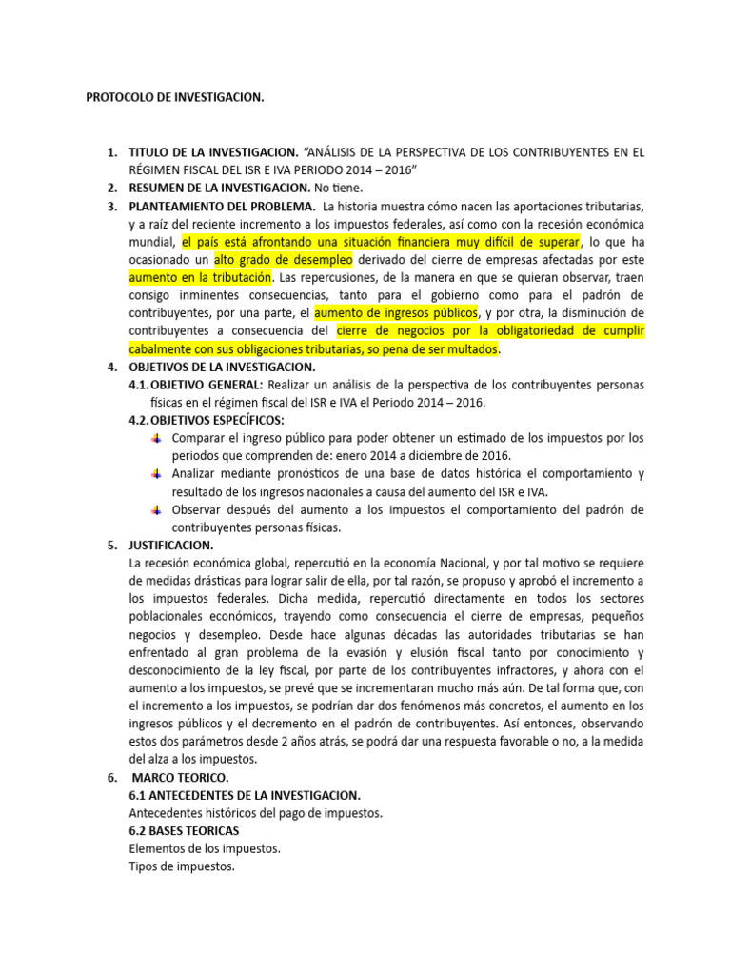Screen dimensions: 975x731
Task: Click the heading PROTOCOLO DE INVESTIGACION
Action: pyautogui.click(x=175, y=97)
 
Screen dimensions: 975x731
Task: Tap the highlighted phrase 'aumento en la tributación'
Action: pyautogui.click(x=201, y=278)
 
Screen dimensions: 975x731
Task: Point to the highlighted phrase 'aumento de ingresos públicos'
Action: pyautogui.click(x=395, y=313)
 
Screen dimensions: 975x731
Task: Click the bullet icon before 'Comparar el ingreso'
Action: pyautogui.click(x=157, y=438)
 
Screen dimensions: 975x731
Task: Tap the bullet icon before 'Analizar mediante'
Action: pyautogui.click(x=157, y=473)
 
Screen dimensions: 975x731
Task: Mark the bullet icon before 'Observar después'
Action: pyautogui.click(x=157, y=509)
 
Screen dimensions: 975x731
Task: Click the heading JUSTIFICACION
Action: pyautogui.click(x=171, y=546)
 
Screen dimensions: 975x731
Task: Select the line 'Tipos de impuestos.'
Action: pyautogui.click(x=181, y=867)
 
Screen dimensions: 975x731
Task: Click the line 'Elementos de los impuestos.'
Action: pyautogui.click(x=205, y=849)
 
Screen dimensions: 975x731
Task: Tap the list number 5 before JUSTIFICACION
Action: pyautogui.click(x=110, y=546)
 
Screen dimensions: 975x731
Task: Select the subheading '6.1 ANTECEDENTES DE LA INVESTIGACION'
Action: pyautogui.click(x=245, y=795)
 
